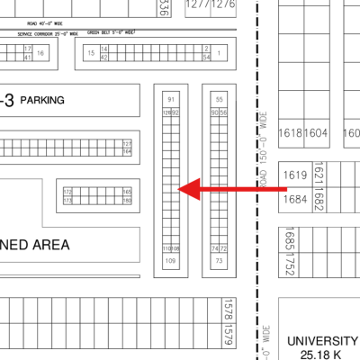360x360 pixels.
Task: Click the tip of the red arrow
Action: click(x=181, y=189)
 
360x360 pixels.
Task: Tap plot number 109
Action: click(x=171, y=260)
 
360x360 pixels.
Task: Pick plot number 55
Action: click(x=220, y=99)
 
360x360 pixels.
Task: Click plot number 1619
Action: click(x=295, y=175)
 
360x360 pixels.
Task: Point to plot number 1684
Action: click(x=295, y=198)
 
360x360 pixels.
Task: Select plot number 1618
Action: click(x=291, y=132)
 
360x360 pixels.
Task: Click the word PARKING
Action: click(x=42, y=101)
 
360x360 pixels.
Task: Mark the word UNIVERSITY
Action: click(x=321, y=342)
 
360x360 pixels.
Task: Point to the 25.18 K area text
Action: click(x=321, y=355)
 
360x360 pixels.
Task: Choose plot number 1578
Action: click(x=228, y=311)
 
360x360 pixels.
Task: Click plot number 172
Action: click(x=67, y=192)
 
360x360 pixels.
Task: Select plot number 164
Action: click(x=128, y=152)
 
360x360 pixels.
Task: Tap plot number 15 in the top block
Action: click(x=91, y=53)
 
